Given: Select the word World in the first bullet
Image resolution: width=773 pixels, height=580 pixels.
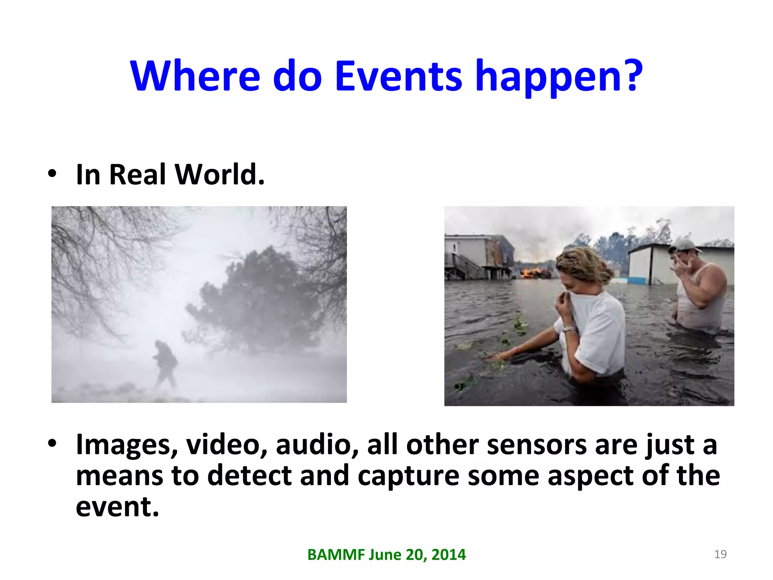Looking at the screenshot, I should (x=220, y=175).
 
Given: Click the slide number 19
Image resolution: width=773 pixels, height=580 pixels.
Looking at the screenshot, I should (x=720, y=554).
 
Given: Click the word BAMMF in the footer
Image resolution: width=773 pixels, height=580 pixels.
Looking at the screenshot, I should (x=336, y=555).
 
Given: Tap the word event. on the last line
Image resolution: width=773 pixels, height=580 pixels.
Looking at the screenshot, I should (x=117, y=507).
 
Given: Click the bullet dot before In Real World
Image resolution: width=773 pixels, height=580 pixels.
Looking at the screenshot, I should (x=52, y=174).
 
